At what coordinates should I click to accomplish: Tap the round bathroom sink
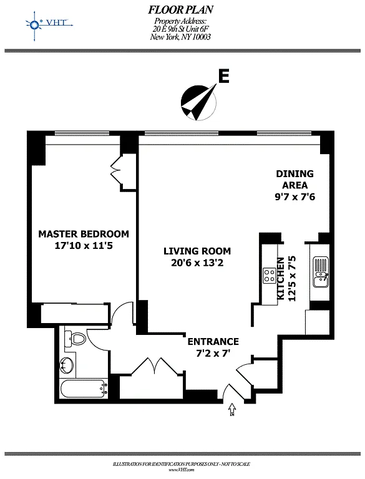click(67, 365)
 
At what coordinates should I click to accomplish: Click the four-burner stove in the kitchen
click(270, 276)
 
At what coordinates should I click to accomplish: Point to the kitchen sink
click(321, 273)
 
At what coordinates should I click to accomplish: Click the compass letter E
click(224, 76)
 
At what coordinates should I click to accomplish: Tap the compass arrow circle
click(198, 102)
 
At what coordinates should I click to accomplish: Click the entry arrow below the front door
click(232, 409)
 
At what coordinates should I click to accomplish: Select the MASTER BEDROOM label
click(84, 234)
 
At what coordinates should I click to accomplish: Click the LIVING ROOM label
click(197, 251)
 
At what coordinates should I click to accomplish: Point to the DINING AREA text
click(294, 180)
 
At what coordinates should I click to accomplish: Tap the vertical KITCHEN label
click(280, 278)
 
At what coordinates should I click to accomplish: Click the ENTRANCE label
click(213, 341)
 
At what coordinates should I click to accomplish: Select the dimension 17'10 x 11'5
click(84, 245)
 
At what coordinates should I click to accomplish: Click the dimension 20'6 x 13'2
click(197, 263)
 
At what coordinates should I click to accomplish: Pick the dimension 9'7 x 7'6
click(294, 196)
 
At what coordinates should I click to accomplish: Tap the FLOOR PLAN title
click(181, 10)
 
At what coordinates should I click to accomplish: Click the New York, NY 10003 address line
click(180, 37)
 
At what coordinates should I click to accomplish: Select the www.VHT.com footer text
click(182, 470)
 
